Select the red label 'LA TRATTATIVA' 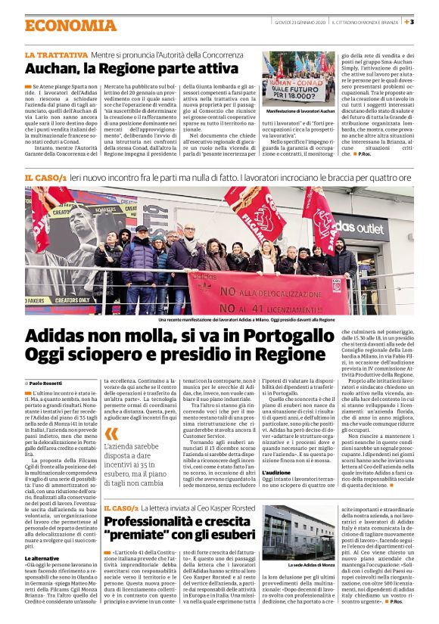point(55,55)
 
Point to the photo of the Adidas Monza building point(298,532)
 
